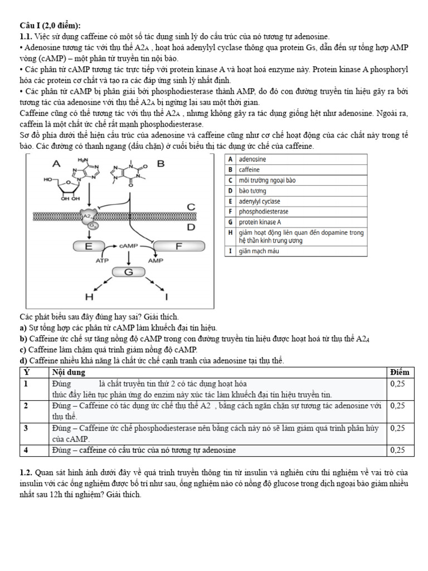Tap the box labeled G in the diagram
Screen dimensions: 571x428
(129, 272)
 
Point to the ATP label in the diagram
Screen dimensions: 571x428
(103, 260)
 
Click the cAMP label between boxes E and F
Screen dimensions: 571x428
(129, 245)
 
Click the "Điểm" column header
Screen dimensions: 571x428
(400, 372)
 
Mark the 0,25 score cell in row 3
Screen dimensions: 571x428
(398, 428)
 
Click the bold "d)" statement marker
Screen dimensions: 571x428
(23, 361)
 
